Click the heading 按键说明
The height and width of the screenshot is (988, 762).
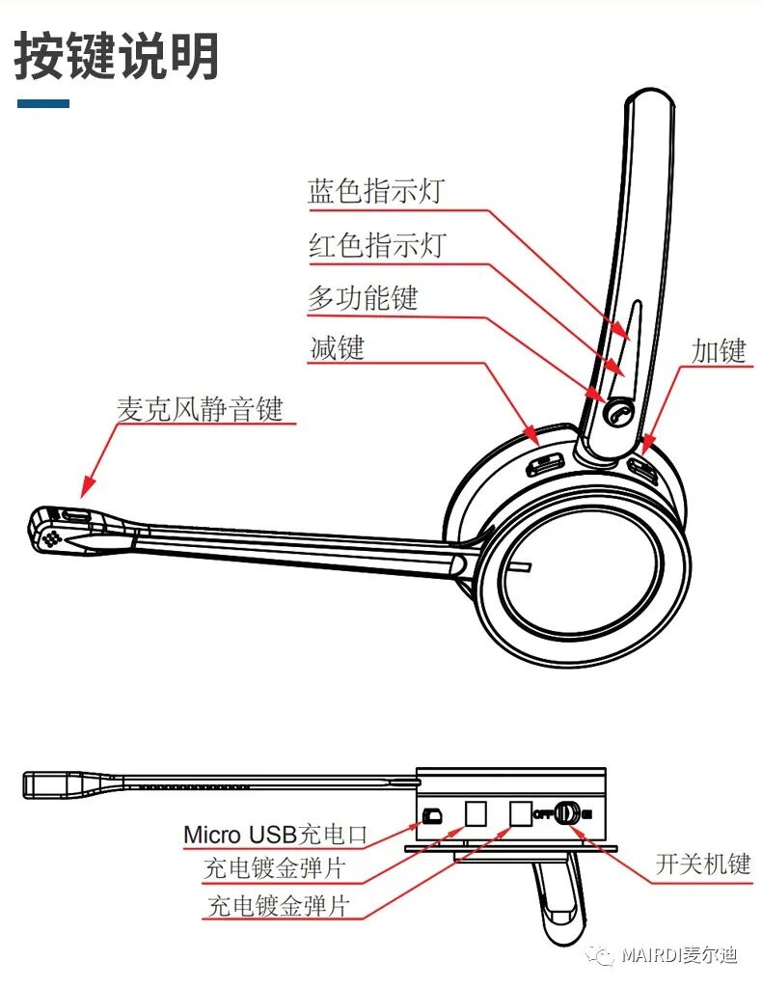coord(117,57)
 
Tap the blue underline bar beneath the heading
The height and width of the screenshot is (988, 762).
coord(43,103)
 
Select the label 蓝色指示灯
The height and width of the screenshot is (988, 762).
coord(375,191)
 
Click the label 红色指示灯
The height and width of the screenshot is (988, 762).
coord(377,245)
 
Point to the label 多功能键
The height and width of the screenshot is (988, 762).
coord(363,297)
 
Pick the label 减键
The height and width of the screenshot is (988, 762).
coord(337,347)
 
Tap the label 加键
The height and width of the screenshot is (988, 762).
coord(719,351)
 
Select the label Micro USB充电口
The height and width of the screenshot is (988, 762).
coord(276,833)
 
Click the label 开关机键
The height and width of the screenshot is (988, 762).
coord(702,863)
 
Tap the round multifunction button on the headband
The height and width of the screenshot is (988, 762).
coord(618,413)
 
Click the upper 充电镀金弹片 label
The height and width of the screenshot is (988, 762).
coord(274,868)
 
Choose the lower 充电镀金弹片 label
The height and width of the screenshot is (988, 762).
coord(279,907)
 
